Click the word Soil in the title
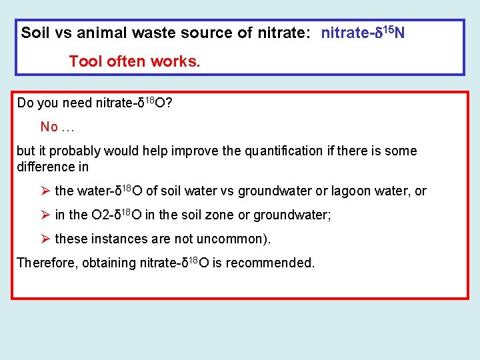(x=33, y=33)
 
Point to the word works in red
(x=175, y=62)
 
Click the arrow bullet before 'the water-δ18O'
(x=45, y=191)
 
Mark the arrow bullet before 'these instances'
(x=45, y=239)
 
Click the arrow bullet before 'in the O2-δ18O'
(x=45, y=215)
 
